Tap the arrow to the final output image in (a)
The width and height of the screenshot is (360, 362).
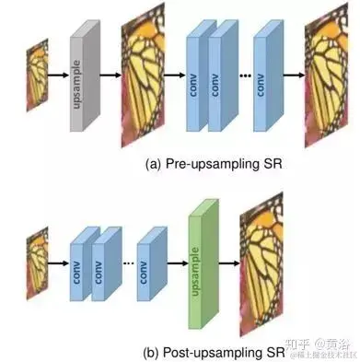[293, 75]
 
